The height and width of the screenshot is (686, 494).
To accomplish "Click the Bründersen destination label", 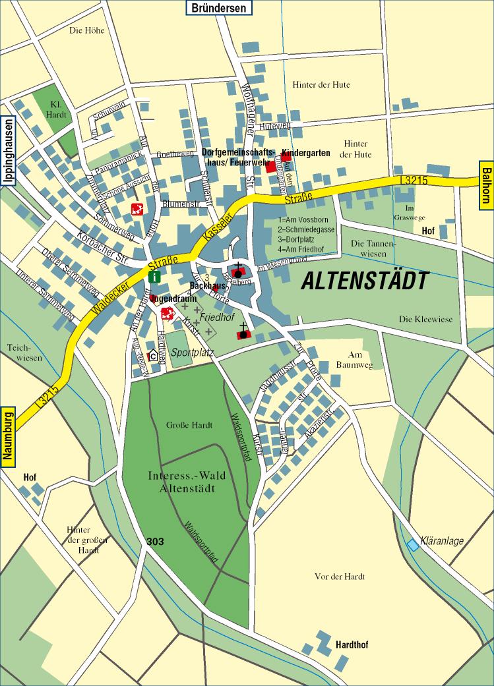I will [220, 8].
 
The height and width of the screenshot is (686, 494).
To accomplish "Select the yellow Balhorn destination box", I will [486, 186].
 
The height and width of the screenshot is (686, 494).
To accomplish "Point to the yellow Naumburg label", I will [8, 438].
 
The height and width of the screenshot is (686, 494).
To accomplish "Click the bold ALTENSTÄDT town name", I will [364, 281].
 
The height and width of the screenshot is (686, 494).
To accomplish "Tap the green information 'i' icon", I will [154, 277].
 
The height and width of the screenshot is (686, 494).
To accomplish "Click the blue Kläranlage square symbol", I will [413, 544].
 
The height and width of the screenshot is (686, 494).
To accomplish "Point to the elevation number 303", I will [155, 542].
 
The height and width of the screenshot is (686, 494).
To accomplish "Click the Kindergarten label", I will [305, 153].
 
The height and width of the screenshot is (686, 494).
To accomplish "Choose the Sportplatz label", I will [193, 353].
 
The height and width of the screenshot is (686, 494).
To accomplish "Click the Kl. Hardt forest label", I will [56, 109].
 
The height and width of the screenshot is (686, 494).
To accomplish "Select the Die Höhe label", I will [86, 30].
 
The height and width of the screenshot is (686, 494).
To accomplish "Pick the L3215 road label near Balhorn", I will [414, 179].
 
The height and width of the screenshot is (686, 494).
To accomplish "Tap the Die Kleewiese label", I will [425, 319].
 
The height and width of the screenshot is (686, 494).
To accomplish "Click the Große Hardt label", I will [189, 425].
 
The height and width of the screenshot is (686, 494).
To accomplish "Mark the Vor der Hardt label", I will [340, 577].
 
